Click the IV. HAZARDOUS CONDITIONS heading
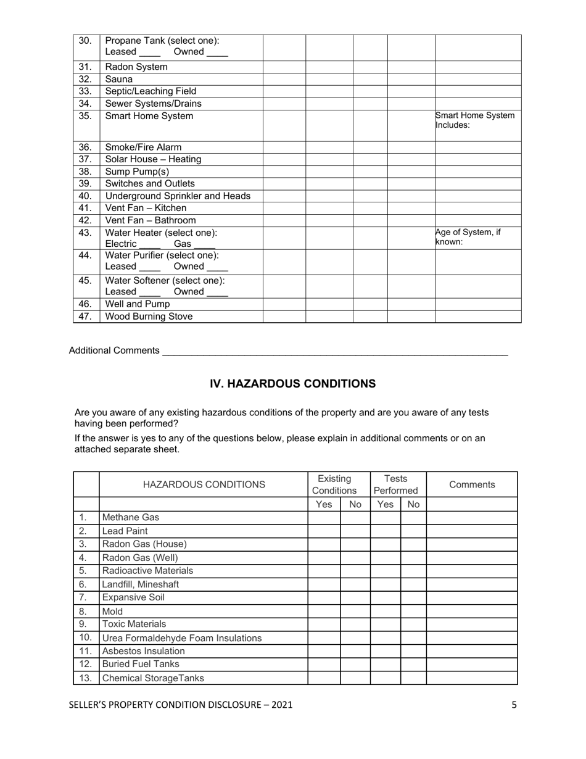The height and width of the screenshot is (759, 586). [292, 384]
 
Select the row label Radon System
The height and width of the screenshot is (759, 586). [136, 67]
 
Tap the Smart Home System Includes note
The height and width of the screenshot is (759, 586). [475, 120]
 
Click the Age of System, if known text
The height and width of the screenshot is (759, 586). [468, 238]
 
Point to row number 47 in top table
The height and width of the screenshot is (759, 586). [86, 317]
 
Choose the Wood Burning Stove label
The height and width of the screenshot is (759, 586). [149, 317]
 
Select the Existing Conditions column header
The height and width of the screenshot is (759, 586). [334, 484]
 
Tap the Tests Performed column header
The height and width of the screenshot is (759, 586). [395, 484]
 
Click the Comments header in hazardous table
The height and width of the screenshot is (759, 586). [472, 484]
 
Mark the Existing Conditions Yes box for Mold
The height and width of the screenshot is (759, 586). [324, 612]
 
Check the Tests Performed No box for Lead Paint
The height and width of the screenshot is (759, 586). [413, 531]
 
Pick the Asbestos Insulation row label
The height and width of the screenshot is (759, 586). [143, 651]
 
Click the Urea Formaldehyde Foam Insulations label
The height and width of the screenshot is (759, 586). [182, 638]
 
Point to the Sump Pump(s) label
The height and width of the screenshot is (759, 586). [137, 172]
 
